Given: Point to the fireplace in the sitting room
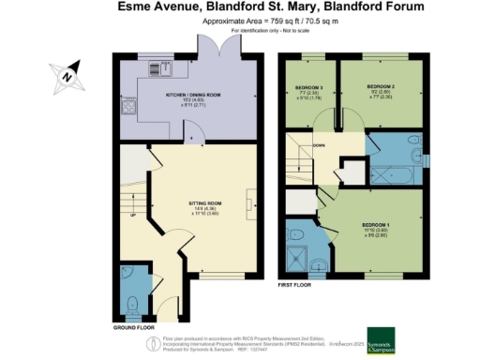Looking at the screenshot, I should click(x=249, y=202).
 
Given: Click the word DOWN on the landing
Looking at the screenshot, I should click(x=318, y=145).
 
